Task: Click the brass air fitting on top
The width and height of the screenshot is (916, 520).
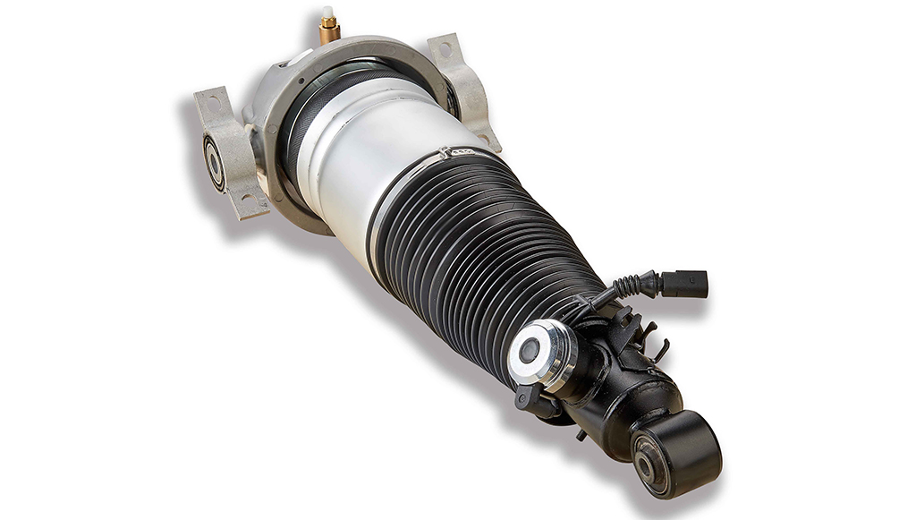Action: coord(329,32)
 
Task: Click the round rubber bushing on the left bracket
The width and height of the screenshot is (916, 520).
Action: coord(214,162)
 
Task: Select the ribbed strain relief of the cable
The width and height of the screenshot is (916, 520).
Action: coord(639,285)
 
